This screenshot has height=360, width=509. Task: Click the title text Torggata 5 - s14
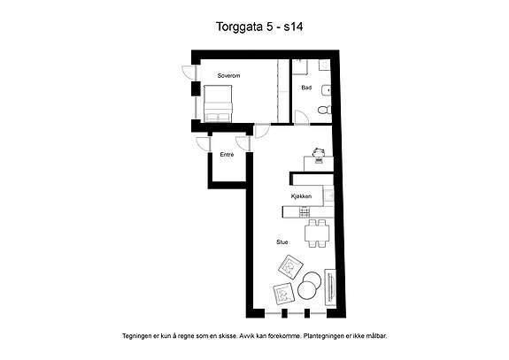coord(259,27)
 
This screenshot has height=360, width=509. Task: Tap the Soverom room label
coord(228,76)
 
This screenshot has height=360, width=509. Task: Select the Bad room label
coord(306,88)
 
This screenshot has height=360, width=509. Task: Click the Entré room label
coord(227,155)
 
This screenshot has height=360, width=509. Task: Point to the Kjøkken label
coord(301,196)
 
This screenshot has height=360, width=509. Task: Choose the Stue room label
coord(282,242)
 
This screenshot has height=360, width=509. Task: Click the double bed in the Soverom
coord(218,103)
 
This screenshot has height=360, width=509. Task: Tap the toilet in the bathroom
coord(325,111)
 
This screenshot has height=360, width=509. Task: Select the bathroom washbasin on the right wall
coord(327,90)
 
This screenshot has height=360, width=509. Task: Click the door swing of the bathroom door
coord(302,117)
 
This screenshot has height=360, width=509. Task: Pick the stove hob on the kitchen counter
coord(305,212)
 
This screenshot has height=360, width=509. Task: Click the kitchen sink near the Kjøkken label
coord(328,195)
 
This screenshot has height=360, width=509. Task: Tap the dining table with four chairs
coord(317,234)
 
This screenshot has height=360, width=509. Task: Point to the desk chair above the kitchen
coord(319,152)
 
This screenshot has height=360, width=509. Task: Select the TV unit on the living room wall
coord(330,287)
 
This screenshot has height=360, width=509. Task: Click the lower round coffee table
coord(307,290)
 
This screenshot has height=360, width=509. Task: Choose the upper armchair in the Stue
coord(290,267)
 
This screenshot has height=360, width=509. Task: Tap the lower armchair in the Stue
coord(283,294)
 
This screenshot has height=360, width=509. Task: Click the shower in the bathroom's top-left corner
coord(299,67)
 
